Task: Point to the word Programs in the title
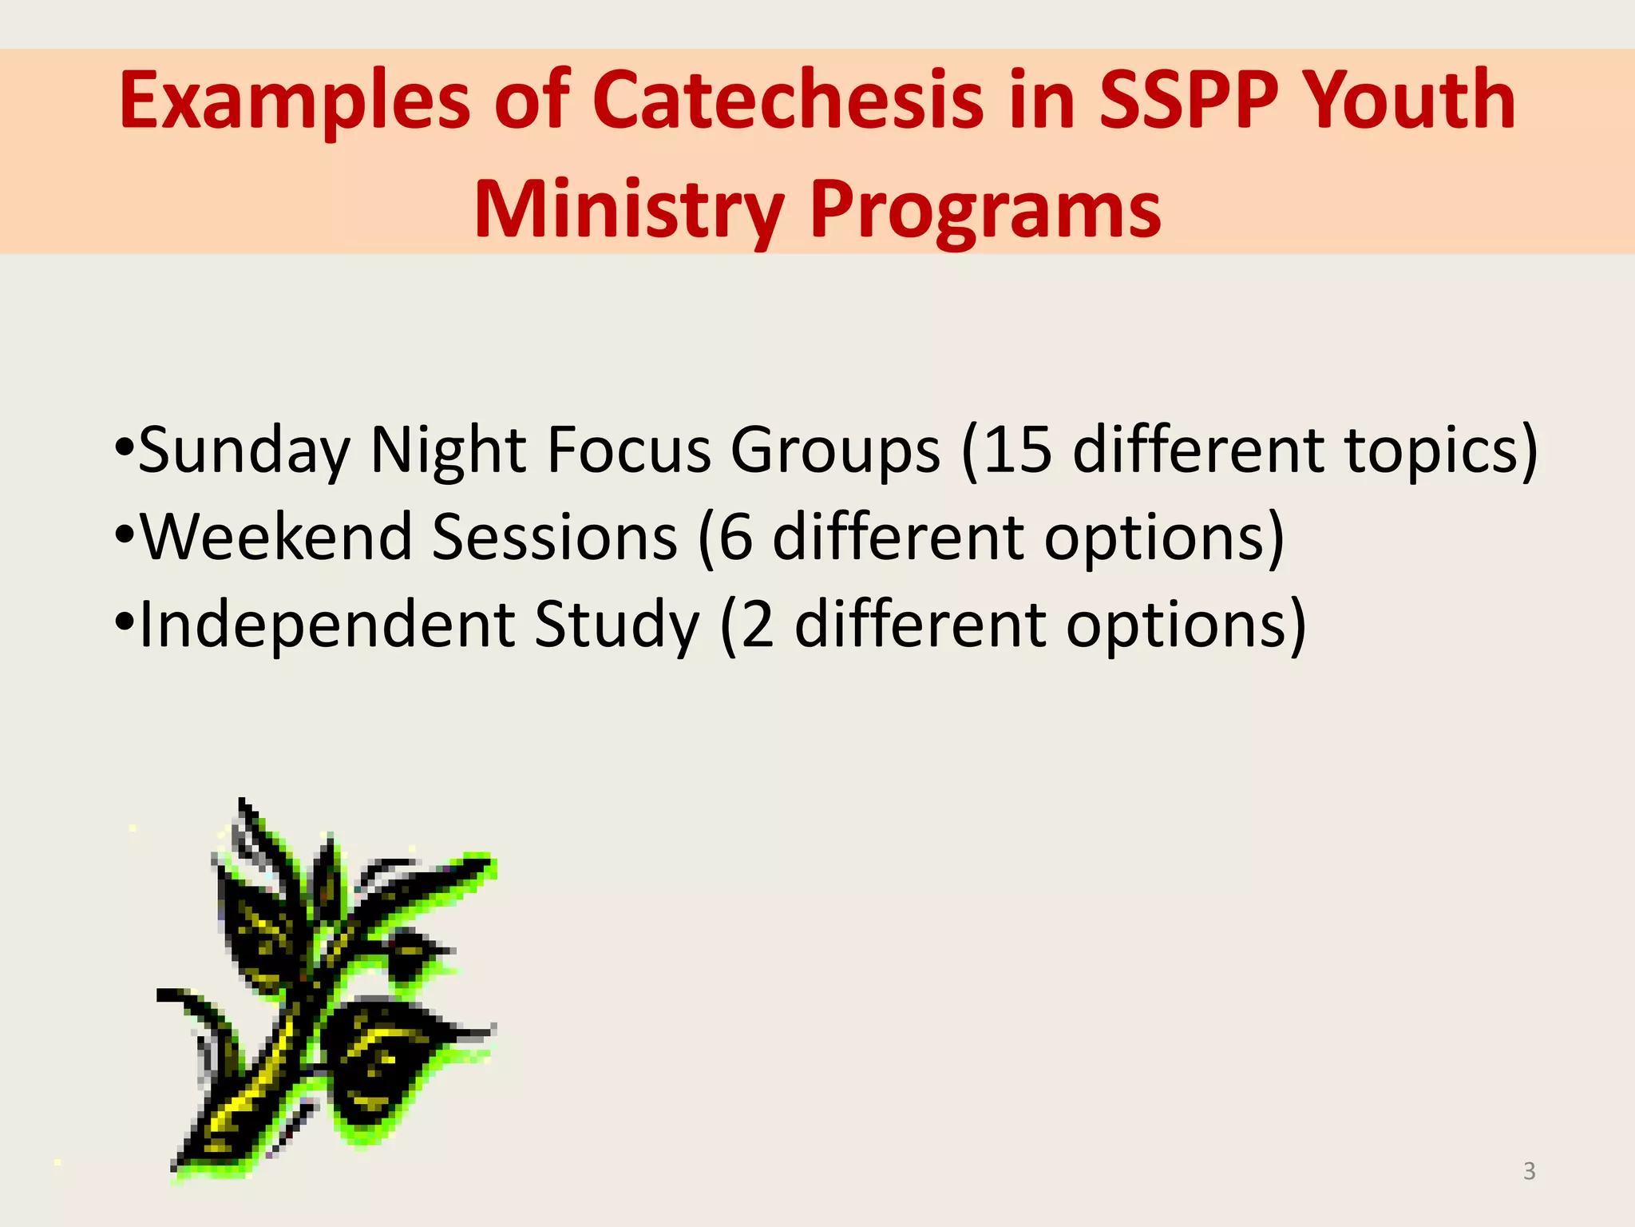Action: (x=985, y=209)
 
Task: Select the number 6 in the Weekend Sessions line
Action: (x=735, y=537)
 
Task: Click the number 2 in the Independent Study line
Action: (x=758, y=624)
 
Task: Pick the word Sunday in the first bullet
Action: (x=244, y=450)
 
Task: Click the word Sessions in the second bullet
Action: (x=554, y=537)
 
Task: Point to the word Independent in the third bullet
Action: (x=327, y=624)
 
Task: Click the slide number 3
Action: (x=1529, y=1171)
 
